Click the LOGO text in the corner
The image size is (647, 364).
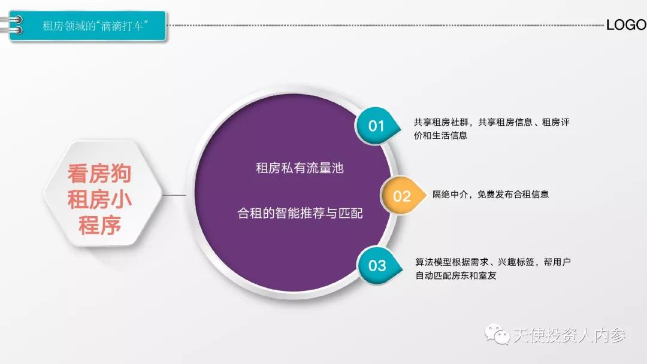pyautogui.click(x=626, y=25)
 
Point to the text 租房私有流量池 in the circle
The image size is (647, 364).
pyautogui.click(x=300, y=168)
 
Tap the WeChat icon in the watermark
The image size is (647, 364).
pyautogui.click(x=497, y=335)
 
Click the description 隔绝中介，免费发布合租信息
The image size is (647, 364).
pyautogui.click(x=491, y=195)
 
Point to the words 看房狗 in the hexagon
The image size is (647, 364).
pyautogui.click(x=99, y=174)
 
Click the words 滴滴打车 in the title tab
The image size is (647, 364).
pyautogui.click(x=126, y=26)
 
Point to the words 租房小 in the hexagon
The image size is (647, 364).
pyautogui.click(x=99, y=200)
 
